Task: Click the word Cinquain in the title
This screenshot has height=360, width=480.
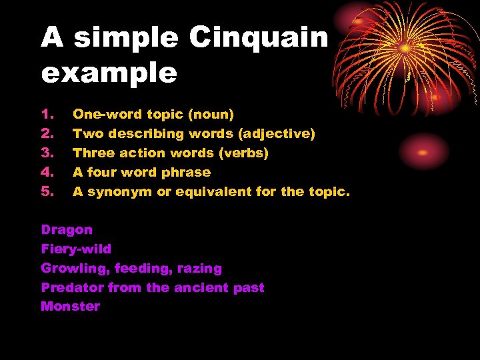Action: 259,38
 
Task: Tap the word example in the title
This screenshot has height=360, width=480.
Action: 109,73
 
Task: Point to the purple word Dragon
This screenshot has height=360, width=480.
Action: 67,230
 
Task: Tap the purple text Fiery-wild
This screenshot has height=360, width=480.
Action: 76,249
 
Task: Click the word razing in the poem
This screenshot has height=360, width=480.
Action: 199,269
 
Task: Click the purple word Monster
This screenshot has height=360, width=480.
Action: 70,307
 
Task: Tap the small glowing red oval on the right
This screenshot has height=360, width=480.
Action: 424,151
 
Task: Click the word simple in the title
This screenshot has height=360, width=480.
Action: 126,38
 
